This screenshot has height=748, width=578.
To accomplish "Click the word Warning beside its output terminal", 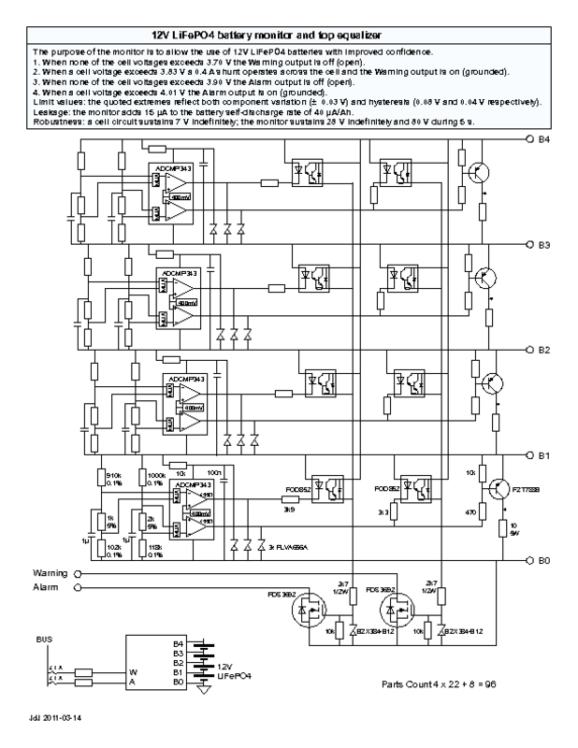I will [x=50, y=571].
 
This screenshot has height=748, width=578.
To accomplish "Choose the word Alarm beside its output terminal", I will [x=47, y=587].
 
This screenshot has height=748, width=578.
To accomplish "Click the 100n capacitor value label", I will [x=214, y=473].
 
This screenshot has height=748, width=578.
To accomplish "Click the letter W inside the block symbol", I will [x=132, y=670].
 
